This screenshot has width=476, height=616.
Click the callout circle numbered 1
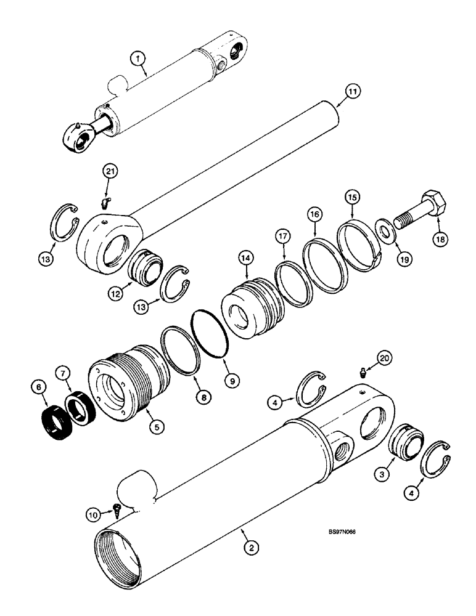[x=138, y=59]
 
